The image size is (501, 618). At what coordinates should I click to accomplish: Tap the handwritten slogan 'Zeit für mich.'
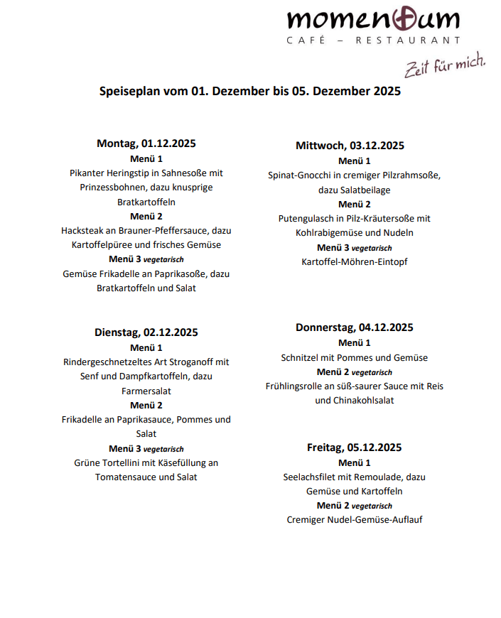445,65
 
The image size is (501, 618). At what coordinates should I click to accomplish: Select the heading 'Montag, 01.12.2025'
146,143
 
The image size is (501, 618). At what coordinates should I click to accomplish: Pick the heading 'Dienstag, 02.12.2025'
146,332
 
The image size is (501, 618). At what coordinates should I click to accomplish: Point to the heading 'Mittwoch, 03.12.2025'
350,146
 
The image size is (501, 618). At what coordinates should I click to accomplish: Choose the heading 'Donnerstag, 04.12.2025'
355,327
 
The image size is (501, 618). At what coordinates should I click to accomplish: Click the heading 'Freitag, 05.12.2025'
355,448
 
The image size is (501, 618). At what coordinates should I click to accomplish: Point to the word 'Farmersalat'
146,391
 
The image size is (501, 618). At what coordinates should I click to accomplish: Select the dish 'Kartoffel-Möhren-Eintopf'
355,262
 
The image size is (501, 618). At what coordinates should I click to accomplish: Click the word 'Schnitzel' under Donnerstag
301,358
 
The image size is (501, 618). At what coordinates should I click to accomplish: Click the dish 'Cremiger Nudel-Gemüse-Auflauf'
355,520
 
